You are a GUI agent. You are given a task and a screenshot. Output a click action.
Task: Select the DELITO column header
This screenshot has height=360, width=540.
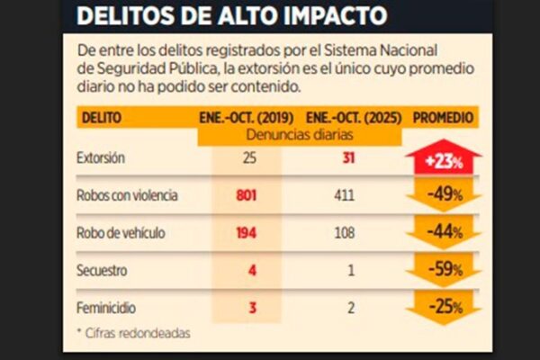tap(101, 118)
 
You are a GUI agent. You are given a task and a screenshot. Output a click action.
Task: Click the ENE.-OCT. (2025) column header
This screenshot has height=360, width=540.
tap(354, 118)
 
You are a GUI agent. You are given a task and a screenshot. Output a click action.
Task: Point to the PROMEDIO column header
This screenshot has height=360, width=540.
tap(444, 118)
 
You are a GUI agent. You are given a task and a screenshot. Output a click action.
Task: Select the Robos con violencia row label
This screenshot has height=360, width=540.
tap(127, 193)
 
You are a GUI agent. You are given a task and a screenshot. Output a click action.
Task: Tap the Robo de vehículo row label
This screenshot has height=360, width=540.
tap(121, 231)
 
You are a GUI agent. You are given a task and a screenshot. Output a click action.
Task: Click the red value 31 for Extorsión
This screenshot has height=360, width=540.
tap(349, 158)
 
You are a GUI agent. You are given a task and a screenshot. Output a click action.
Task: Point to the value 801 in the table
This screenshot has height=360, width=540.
tap(246, 193)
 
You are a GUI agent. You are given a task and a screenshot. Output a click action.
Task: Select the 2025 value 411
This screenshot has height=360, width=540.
tap(349, 193)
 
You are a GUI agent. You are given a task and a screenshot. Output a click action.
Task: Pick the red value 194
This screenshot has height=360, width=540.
tap(246, 231)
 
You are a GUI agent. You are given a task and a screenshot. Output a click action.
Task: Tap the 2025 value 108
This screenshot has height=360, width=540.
tap(349, 231)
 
